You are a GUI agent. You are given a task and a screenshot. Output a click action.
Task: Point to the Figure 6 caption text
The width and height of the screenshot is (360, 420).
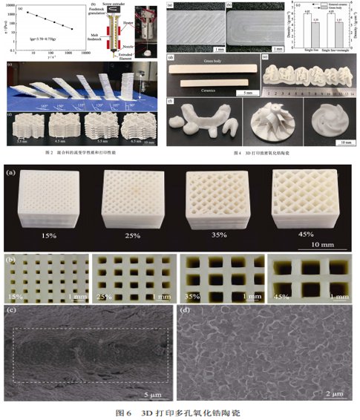point(180,411)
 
